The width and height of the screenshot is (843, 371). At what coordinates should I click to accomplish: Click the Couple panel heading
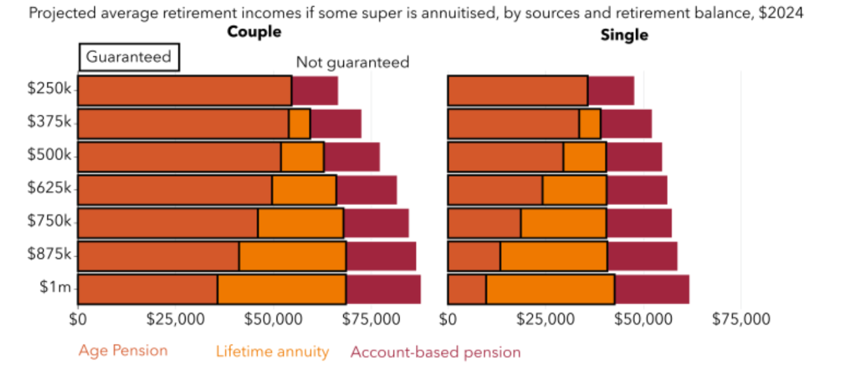coord(254,32)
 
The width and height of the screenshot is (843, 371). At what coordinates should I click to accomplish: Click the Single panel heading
coord(624,35)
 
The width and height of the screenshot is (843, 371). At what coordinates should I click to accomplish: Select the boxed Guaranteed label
coord(129,57)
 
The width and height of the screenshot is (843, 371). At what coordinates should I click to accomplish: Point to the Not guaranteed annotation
coord(352,62)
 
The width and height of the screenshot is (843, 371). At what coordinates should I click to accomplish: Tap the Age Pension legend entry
coord(123,350)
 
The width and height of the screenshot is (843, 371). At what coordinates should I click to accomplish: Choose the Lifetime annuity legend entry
coord(272,352)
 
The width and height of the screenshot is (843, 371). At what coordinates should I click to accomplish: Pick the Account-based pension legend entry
coord(435,352)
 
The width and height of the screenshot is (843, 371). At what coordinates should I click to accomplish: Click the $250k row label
coord(50,89)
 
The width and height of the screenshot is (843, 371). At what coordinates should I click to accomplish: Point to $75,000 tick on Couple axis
coord(371,319)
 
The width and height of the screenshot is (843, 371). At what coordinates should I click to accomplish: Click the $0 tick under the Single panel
coord(447,319)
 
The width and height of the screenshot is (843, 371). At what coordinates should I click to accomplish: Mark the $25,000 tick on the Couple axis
coord(175,319)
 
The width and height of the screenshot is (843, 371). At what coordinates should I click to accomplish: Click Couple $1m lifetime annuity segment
coord(281,289)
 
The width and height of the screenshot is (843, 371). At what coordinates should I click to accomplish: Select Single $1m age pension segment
coord(467,289)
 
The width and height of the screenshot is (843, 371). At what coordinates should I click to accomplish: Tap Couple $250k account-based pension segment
coord(315,91)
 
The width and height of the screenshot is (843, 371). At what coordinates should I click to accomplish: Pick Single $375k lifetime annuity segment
coord(590,124)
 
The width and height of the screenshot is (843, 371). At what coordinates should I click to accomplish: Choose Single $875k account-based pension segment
coord(642,256)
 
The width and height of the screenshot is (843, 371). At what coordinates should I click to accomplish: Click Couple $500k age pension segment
coord(179,157)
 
